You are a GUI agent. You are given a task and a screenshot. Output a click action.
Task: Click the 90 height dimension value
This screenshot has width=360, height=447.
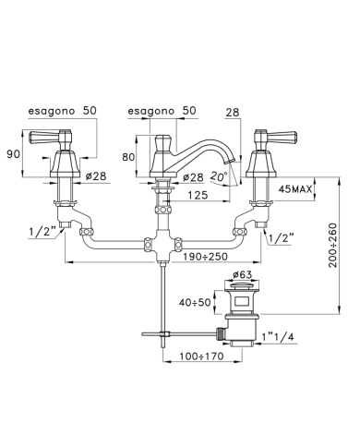tap(14, 154)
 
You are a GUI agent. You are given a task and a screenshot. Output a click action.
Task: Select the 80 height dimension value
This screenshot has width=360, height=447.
tap(128, 157)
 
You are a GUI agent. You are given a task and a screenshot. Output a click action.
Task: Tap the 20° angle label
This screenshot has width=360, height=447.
tap(219, 176)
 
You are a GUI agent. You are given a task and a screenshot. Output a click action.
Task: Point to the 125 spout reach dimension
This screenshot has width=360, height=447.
tap(198, 195)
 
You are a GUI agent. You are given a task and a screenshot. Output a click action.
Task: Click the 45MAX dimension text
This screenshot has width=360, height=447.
tap(295, 189)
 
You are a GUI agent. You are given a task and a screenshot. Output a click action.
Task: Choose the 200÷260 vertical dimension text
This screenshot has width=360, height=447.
tap(333, 245)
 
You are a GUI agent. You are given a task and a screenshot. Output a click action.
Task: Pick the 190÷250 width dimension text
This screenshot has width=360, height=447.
tap(205, 257)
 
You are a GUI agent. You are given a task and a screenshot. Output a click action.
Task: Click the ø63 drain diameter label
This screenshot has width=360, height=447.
tap(242, 274)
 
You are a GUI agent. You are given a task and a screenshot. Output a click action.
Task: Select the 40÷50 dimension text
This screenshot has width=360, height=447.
tap(195, 302)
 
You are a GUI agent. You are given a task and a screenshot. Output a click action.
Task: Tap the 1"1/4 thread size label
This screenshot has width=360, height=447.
tap(278, 337)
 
